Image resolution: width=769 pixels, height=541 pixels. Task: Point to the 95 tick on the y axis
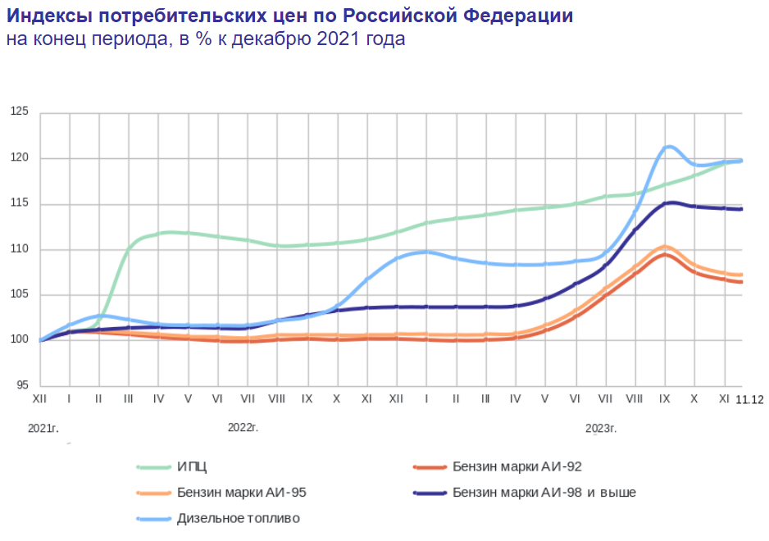[21, 386]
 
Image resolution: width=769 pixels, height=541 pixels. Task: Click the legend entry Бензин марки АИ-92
[516, 466]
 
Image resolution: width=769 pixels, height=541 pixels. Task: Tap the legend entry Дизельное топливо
[238, 519]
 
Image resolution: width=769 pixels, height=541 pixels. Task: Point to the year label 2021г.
[42, 428]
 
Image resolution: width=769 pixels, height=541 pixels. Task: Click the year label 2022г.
[243, 428]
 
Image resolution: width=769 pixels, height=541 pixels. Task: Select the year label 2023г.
[601, 428]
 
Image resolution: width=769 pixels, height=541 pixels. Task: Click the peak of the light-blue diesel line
[669, 147]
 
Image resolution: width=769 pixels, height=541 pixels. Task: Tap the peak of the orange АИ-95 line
[665, 247]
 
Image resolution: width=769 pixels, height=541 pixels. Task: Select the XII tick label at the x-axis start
[40, 398]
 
